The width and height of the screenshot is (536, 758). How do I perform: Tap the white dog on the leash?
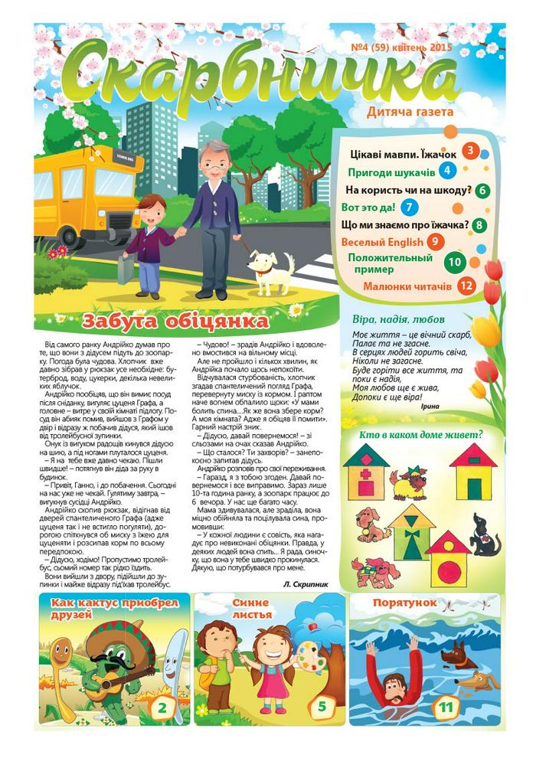coord(272,268)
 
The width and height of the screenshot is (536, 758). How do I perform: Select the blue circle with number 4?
coord(446,172)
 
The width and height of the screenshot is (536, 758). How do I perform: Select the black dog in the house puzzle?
coord(483,534)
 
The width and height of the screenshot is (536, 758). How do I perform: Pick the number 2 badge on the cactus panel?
coord(161,707)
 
